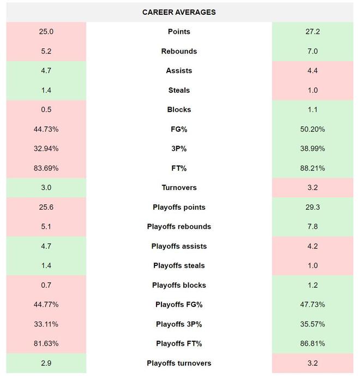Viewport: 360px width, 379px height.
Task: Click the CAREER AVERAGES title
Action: tap(179, 12)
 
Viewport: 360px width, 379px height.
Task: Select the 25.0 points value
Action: tap(46, 32)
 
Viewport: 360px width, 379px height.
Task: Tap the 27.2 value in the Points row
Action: tap(313, 32)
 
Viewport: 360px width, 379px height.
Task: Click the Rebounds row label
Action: tap(179, 51)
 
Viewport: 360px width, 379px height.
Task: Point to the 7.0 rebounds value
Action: tap(313, 51)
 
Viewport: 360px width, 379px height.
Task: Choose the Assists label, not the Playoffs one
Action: tap(179, 70)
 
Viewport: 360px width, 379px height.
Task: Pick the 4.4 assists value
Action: tap(313, 70)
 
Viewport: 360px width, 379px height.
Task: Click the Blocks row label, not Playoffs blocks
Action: tap(179, 110)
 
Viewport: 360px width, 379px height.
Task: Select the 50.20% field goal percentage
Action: tap(313, 129)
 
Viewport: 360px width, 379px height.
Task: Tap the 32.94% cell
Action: tap(46, 149)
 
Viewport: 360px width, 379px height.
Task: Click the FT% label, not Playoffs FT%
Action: tap(179, 168)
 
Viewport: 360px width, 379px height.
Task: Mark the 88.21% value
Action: tap(313, 168)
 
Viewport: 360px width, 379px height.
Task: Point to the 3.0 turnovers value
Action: tap(46, 187)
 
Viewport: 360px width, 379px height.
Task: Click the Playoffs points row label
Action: tap(179, 208)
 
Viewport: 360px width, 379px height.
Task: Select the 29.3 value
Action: tap(313, 208)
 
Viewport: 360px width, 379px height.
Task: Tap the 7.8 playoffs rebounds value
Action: tap(313, 227)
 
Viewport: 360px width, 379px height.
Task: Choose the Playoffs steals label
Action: tap(179, 265)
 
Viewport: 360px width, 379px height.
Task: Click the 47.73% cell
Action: tap(313, 305)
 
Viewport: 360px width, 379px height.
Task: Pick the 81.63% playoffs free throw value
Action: tap(46, 344)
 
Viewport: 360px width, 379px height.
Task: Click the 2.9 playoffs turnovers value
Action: tap(46, 363)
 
